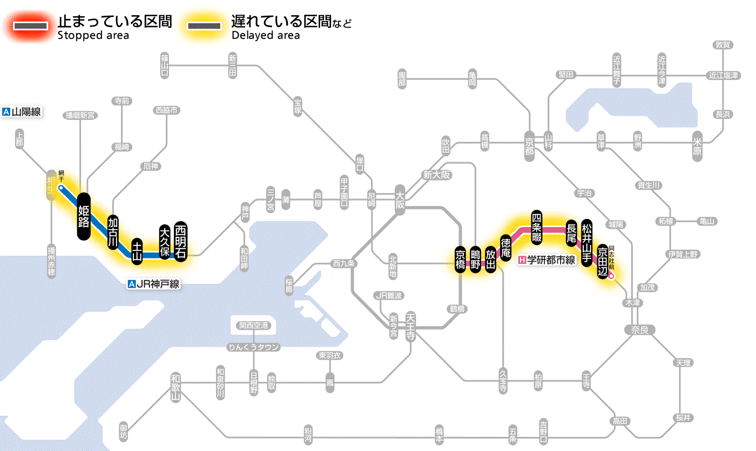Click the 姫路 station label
(83, 216)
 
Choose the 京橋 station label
(460, 260)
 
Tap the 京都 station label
(529, 143)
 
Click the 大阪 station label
(400, 201)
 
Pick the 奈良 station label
(639, 329)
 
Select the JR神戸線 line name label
(153, 284)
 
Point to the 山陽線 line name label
(22, 112)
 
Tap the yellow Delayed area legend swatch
(204, 26)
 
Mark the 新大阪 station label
(436, 175)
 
